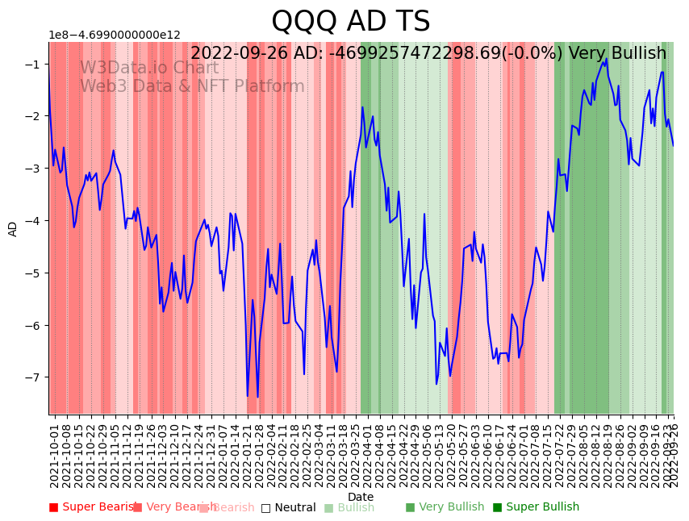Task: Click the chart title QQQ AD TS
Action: (350, 22)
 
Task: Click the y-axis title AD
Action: (13, 229)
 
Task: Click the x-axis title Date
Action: (361, 497)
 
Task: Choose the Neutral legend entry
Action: (288, 507)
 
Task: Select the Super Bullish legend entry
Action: (536, 507)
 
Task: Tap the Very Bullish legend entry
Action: (445, 507)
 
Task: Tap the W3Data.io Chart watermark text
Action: (148, 68)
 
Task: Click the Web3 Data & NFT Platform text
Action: (192, 86)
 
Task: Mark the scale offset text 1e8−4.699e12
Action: (115, 35)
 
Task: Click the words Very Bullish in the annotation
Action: (617, 54)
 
